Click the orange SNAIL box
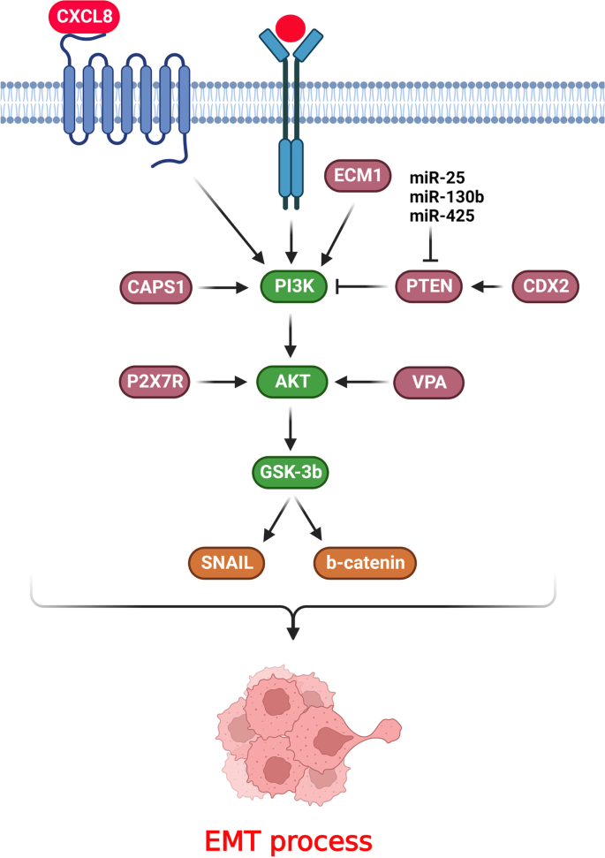[x=227, y=562]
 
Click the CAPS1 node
[x=154, y=286]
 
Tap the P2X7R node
[x=154, y=383]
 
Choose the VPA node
[x=429, y=383]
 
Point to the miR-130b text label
[x=446, y=195]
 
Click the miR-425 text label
[x=441, y=213]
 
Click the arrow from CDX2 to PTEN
[x=488, y=286]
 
